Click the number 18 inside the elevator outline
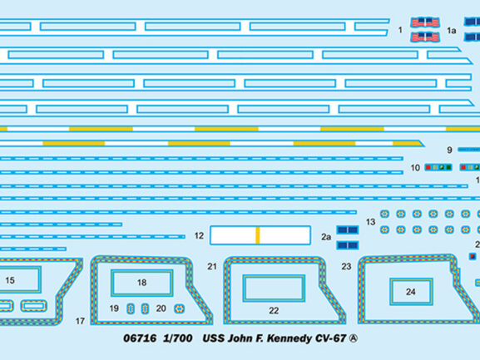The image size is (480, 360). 141,283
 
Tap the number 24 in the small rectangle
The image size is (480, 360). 410,292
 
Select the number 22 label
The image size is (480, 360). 274,311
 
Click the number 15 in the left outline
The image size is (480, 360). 10,280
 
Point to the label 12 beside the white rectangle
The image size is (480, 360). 199,236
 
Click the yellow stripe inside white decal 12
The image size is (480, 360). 258,235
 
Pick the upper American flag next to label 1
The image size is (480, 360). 425,22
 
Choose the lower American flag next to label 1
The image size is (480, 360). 425,37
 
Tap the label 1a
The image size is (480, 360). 451,31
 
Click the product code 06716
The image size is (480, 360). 140,338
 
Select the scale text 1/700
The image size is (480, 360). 178,338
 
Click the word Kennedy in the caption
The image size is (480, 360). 289,338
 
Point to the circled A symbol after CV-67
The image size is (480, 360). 354,338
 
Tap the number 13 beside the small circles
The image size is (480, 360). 370,222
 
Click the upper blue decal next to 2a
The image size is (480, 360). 348,230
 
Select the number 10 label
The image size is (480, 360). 415,168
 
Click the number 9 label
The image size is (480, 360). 449,150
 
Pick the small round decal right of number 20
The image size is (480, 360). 179,309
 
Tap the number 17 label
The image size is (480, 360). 80,321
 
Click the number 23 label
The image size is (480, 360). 346,267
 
